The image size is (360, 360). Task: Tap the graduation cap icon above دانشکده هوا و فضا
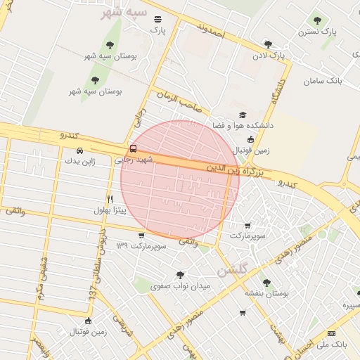(x=243, y=115)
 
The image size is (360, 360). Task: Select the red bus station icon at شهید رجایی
(x=134, y=148)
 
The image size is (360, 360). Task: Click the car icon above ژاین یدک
(x=79, y=150)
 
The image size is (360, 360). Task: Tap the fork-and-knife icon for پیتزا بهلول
(x=110, y=199)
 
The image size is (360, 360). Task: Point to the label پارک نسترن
(x=316, y=32)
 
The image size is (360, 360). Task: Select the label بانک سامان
(x=323, y=81)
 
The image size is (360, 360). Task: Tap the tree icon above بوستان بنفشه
(x=266, y=283)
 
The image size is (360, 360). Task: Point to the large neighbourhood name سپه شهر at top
(x=133, y=14)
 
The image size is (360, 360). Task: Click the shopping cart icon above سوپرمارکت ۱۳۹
(x=142, y=236)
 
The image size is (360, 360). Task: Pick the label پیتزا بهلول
(x=110, y=210)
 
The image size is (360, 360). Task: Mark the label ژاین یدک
(x=79, y=161)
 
